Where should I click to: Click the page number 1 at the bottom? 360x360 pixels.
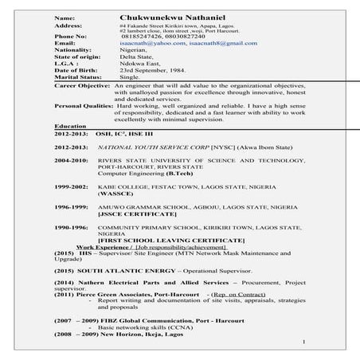(x=304, y=341)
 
